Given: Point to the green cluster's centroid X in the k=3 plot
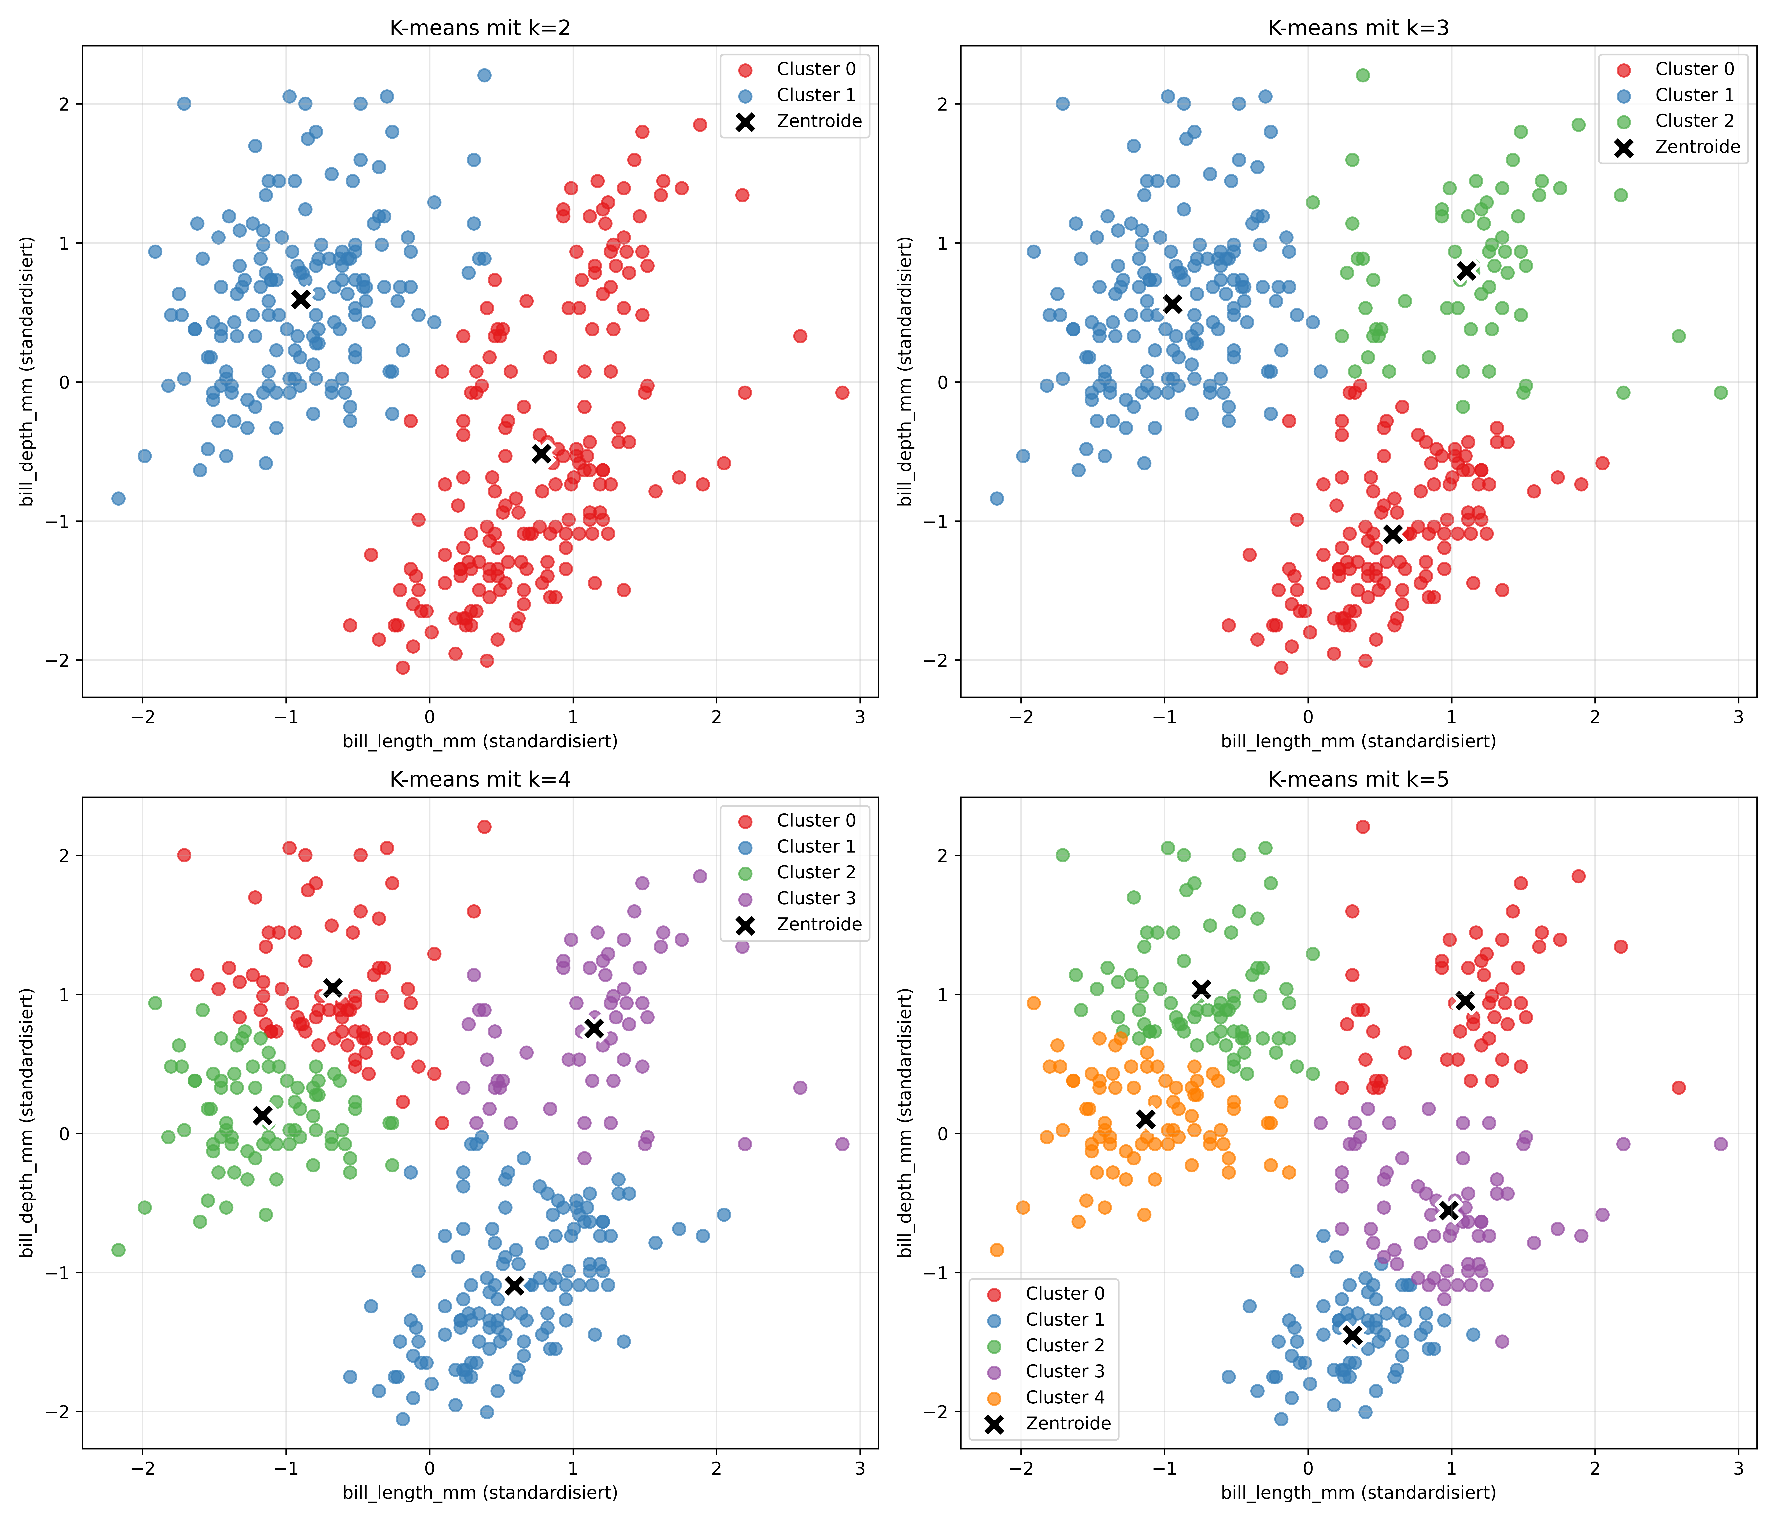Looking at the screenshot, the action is click(1466, 271).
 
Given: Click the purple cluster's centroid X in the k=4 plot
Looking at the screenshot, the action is click(594, 1028).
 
